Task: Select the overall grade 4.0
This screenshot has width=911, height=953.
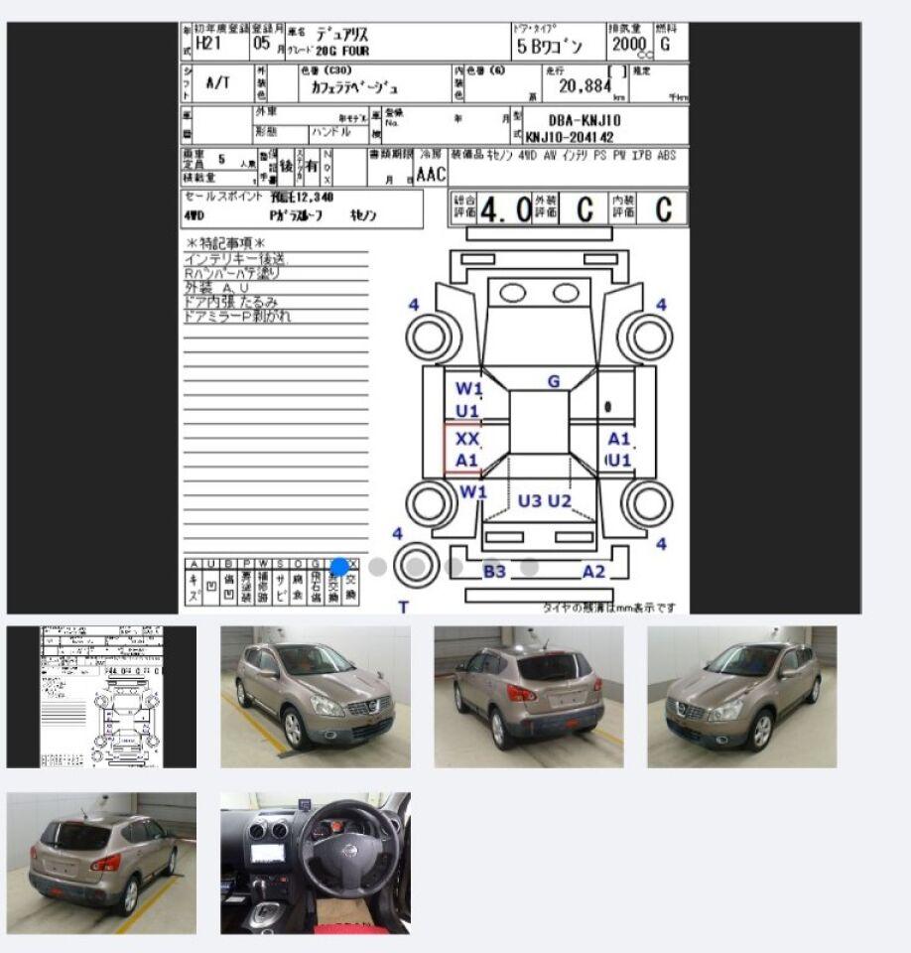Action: [505, 209]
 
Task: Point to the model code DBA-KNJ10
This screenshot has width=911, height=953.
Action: [585, 119]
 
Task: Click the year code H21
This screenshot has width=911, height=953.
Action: [208, 44]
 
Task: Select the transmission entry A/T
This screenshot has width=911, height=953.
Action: [216, 83]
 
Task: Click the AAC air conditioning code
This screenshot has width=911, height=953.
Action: [431, 175]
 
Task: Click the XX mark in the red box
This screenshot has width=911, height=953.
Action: [467, 438]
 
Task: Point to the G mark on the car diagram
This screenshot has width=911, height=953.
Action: [554, 381]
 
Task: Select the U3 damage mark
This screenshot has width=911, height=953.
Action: [530, 501]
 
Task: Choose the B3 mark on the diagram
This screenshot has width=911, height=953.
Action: [494, 571]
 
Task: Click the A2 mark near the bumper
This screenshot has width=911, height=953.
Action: [593, 571]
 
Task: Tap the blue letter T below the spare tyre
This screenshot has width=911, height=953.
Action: [404, 607]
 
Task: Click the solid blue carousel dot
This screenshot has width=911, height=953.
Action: [339, 567]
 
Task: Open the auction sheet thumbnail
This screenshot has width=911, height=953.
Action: [101, 697]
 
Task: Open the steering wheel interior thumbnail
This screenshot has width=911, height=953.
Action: [315, 863]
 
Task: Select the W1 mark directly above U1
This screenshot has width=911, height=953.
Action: [467, 388]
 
